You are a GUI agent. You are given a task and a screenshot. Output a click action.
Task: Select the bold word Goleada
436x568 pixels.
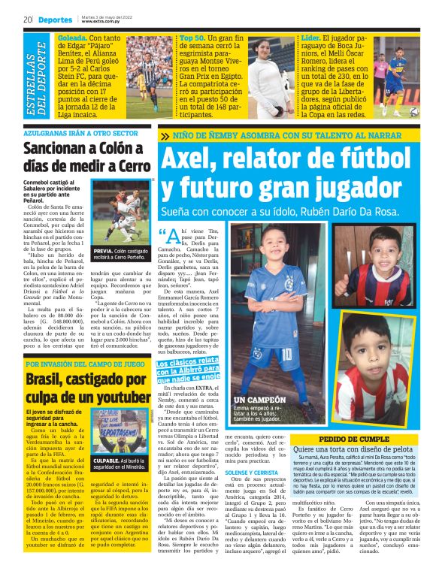click(72, 36)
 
